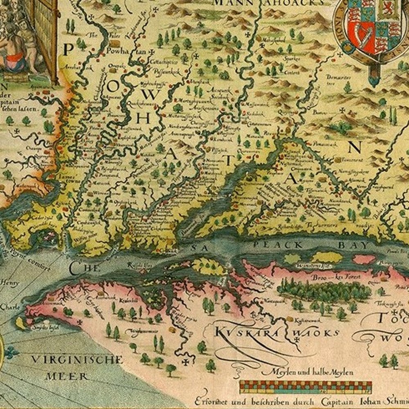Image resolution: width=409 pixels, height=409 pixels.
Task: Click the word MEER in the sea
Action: tap(68, 376)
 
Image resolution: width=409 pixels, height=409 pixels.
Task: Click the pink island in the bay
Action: tap(364, 259)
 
